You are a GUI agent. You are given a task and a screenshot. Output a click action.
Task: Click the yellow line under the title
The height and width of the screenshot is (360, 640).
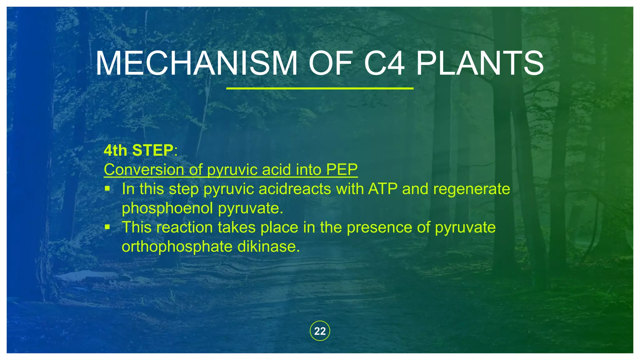point(320,89)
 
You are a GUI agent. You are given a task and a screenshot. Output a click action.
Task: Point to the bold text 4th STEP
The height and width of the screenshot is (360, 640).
point(138,151)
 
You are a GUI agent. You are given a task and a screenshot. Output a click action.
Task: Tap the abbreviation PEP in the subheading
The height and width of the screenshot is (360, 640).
point(342,170)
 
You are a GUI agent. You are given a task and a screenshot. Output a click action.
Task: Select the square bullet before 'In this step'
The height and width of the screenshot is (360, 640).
point(107,189)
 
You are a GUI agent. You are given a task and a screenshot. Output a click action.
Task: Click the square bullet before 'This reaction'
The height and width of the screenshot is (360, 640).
point(107,227)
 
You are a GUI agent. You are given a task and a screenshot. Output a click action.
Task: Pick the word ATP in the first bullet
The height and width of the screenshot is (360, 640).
point(383,189)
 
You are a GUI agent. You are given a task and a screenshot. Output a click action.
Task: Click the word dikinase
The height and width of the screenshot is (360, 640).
point(268,247)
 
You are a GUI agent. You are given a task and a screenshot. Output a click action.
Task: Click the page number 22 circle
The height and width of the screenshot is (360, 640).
point(320,331)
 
